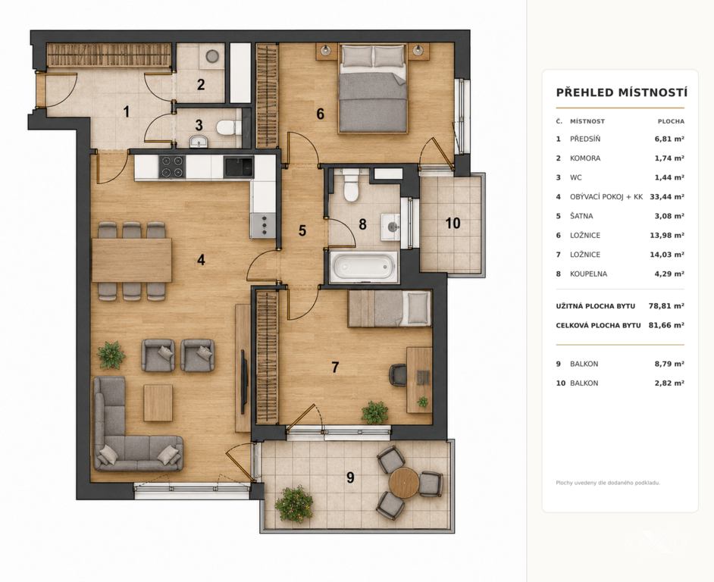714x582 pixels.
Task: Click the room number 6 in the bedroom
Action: pyautogui.click(x=320, y=114)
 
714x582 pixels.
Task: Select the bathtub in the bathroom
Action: pyautogui.click(x=363, y=267)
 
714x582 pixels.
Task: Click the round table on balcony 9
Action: pyautogui.click(x=404, y=483)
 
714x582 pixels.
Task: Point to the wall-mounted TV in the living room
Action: pyautogui.click(x=243, y=381)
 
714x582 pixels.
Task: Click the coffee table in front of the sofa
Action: pyautogui.click(x=158, y=402)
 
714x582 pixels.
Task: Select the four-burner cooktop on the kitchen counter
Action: pyautogui.click(x=171, y=167)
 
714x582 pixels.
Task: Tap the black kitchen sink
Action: pyautogui.click(x=238, y=167)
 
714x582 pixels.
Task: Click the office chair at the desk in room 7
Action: pyautogui.click(x=397, y=375)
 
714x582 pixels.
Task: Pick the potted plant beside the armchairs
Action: pyautogui.click(x=111, y=355)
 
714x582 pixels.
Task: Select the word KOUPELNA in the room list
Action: pyautogui.click(x=588, y=274)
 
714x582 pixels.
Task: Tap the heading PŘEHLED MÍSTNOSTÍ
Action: pyautogui.click(x=622, y=92)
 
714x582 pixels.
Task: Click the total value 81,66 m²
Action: pyautogui.click(x=666, y=325)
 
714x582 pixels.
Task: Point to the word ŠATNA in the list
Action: pyautogui.click(x=581, y=216)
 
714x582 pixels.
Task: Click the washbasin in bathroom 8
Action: pyautogui.click(x=390, y=227)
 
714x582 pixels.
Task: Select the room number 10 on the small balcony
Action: pyautogui.click(x=453, y=223)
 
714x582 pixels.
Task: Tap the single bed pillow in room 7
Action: pyautogui.click(x=418, y=308)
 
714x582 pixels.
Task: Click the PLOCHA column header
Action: pyautogui.click(x=671, y=121)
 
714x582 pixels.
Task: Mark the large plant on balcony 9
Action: pyautogui.click(x=294, y=504)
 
